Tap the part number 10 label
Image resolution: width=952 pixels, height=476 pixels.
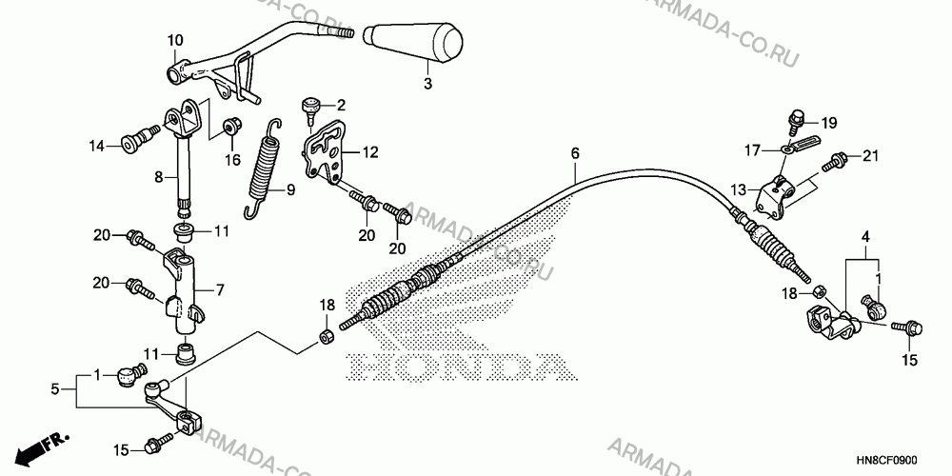175,41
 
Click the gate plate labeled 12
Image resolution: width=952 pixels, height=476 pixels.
326,151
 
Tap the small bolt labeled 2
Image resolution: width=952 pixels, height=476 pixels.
312,109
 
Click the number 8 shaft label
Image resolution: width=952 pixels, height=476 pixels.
158,178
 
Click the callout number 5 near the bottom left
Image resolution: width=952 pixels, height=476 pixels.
55,389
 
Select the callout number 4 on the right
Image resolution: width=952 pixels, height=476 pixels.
866,235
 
